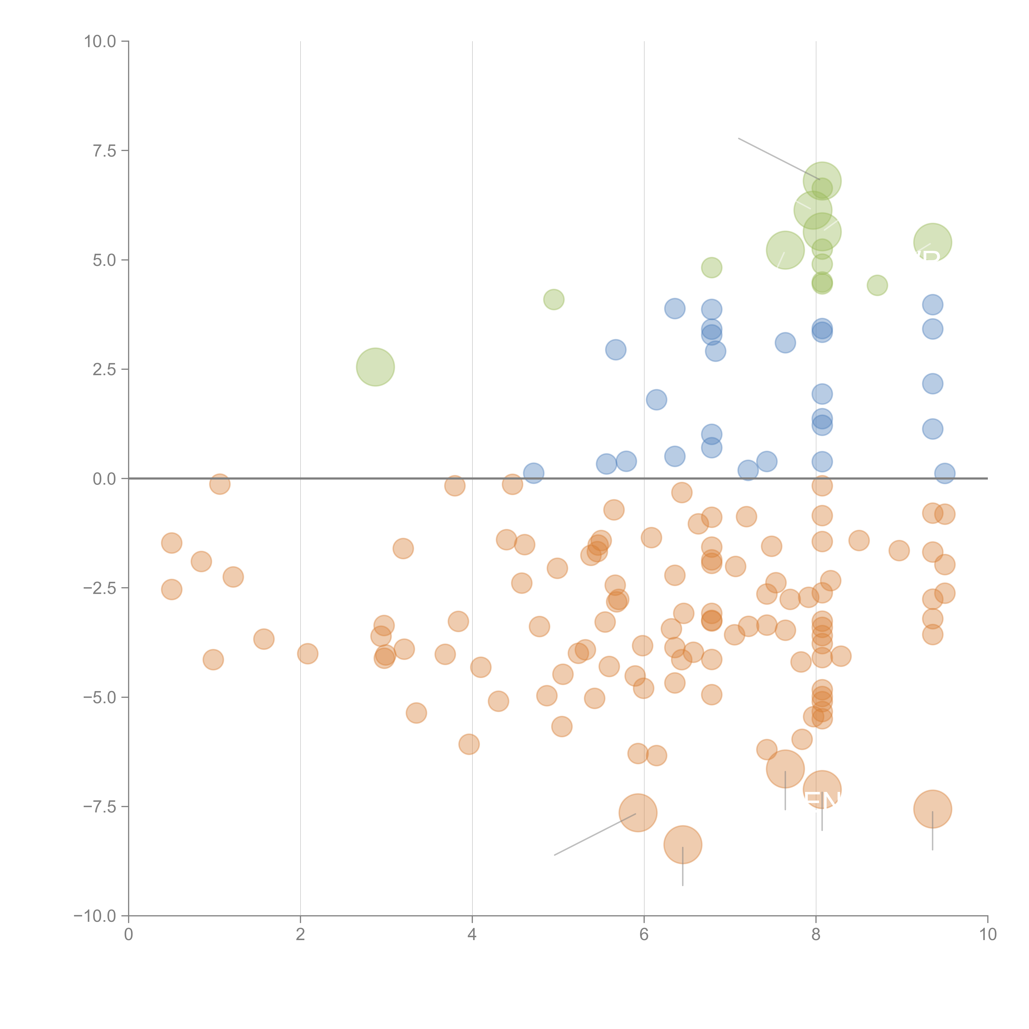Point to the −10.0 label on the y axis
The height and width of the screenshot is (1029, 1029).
(x=95, y=916)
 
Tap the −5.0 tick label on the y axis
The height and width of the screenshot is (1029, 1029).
(x=99, y=697)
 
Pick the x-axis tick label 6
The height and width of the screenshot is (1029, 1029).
(x=644, y=935)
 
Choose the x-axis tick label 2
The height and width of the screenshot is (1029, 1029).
(x=300, y=935)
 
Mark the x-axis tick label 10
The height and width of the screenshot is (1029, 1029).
(x=987, y=935)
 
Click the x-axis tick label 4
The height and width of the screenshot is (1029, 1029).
(x=472, y=935)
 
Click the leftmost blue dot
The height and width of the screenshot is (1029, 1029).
(x=533, y=473)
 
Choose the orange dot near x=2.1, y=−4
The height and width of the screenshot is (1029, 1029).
(x=307, y=653)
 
